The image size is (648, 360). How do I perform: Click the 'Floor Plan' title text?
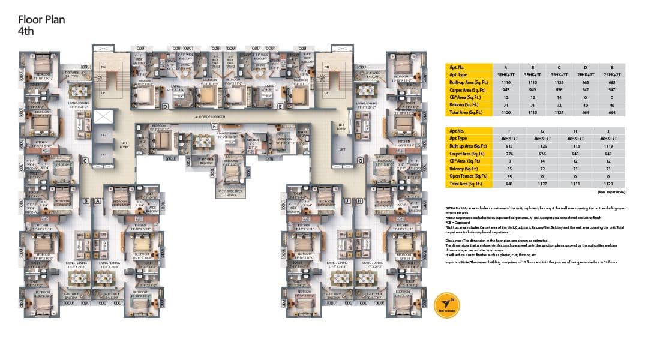point(41,20)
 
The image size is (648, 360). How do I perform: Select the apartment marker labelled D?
point(164,107)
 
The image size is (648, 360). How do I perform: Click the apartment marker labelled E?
point(280,107)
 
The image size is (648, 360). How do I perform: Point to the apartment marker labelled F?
point(214,126)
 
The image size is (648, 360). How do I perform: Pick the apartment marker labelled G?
point(360,160)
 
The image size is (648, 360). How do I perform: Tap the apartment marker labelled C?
point(86,160)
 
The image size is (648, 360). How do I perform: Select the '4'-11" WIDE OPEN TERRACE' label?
point(231,192)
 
